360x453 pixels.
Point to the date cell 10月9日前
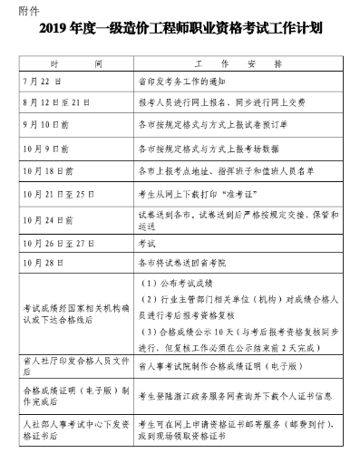pyautogui.click(x=42, y=147)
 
